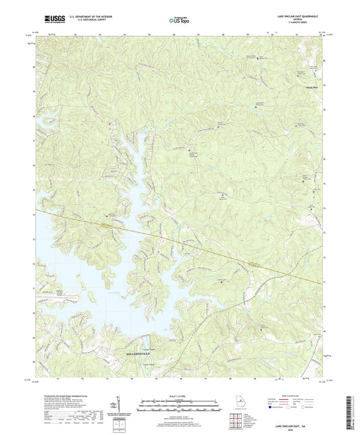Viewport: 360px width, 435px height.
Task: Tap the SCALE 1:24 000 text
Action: coord(179,395)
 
